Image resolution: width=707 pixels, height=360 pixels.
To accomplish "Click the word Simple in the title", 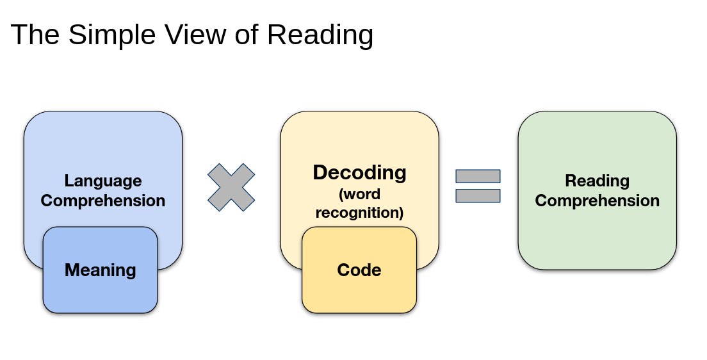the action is click(x=112, y=35).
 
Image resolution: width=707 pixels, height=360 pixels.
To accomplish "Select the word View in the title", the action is click(x=195, y=35).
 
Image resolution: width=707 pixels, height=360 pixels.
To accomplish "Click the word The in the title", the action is click(x=35, y=35).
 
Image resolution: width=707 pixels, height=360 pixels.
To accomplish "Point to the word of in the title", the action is click(x=247, y=35).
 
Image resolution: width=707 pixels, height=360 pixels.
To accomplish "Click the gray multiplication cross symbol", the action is click(x=231, y=187).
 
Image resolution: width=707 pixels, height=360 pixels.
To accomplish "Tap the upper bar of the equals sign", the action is click(x=478, y=176).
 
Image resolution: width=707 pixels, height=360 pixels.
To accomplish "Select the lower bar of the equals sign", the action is click(x=478, y=196).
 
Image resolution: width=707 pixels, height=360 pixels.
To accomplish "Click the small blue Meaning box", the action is click(x=101, y=270).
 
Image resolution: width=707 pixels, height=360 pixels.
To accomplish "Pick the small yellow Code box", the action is click(x=359, y=270).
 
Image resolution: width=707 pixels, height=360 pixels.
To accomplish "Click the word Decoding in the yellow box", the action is click(x=359, y=173).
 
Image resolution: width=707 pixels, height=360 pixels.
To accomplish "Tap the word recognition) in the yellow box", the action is click(x=359, y=213).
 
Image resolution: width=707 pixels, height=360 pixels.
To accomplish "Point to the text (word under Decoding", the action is click(x=359, y=194).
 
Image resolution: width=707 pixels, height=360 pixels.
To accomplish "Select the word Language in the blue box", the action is click(x=103, y=181).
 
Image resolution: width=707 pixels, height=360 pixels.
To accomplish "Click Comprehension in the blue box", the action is click(x=103, y=201).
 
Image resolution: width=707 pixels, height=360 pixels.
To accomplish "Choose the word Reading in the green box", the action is click(x=597, y=181).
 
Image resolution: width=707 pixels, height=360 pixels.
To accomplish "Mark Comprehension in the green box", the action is click(x=597, y=201).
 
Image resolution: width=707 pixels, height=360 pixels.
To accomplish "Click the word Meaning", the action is click(x=101, y=270).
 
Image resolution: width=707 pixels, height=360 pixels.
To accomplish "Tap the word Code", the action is click(x=359, y=270).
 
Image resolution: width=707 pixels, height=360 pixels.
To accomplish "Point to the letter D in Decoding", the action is click(x=321, y=172).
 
